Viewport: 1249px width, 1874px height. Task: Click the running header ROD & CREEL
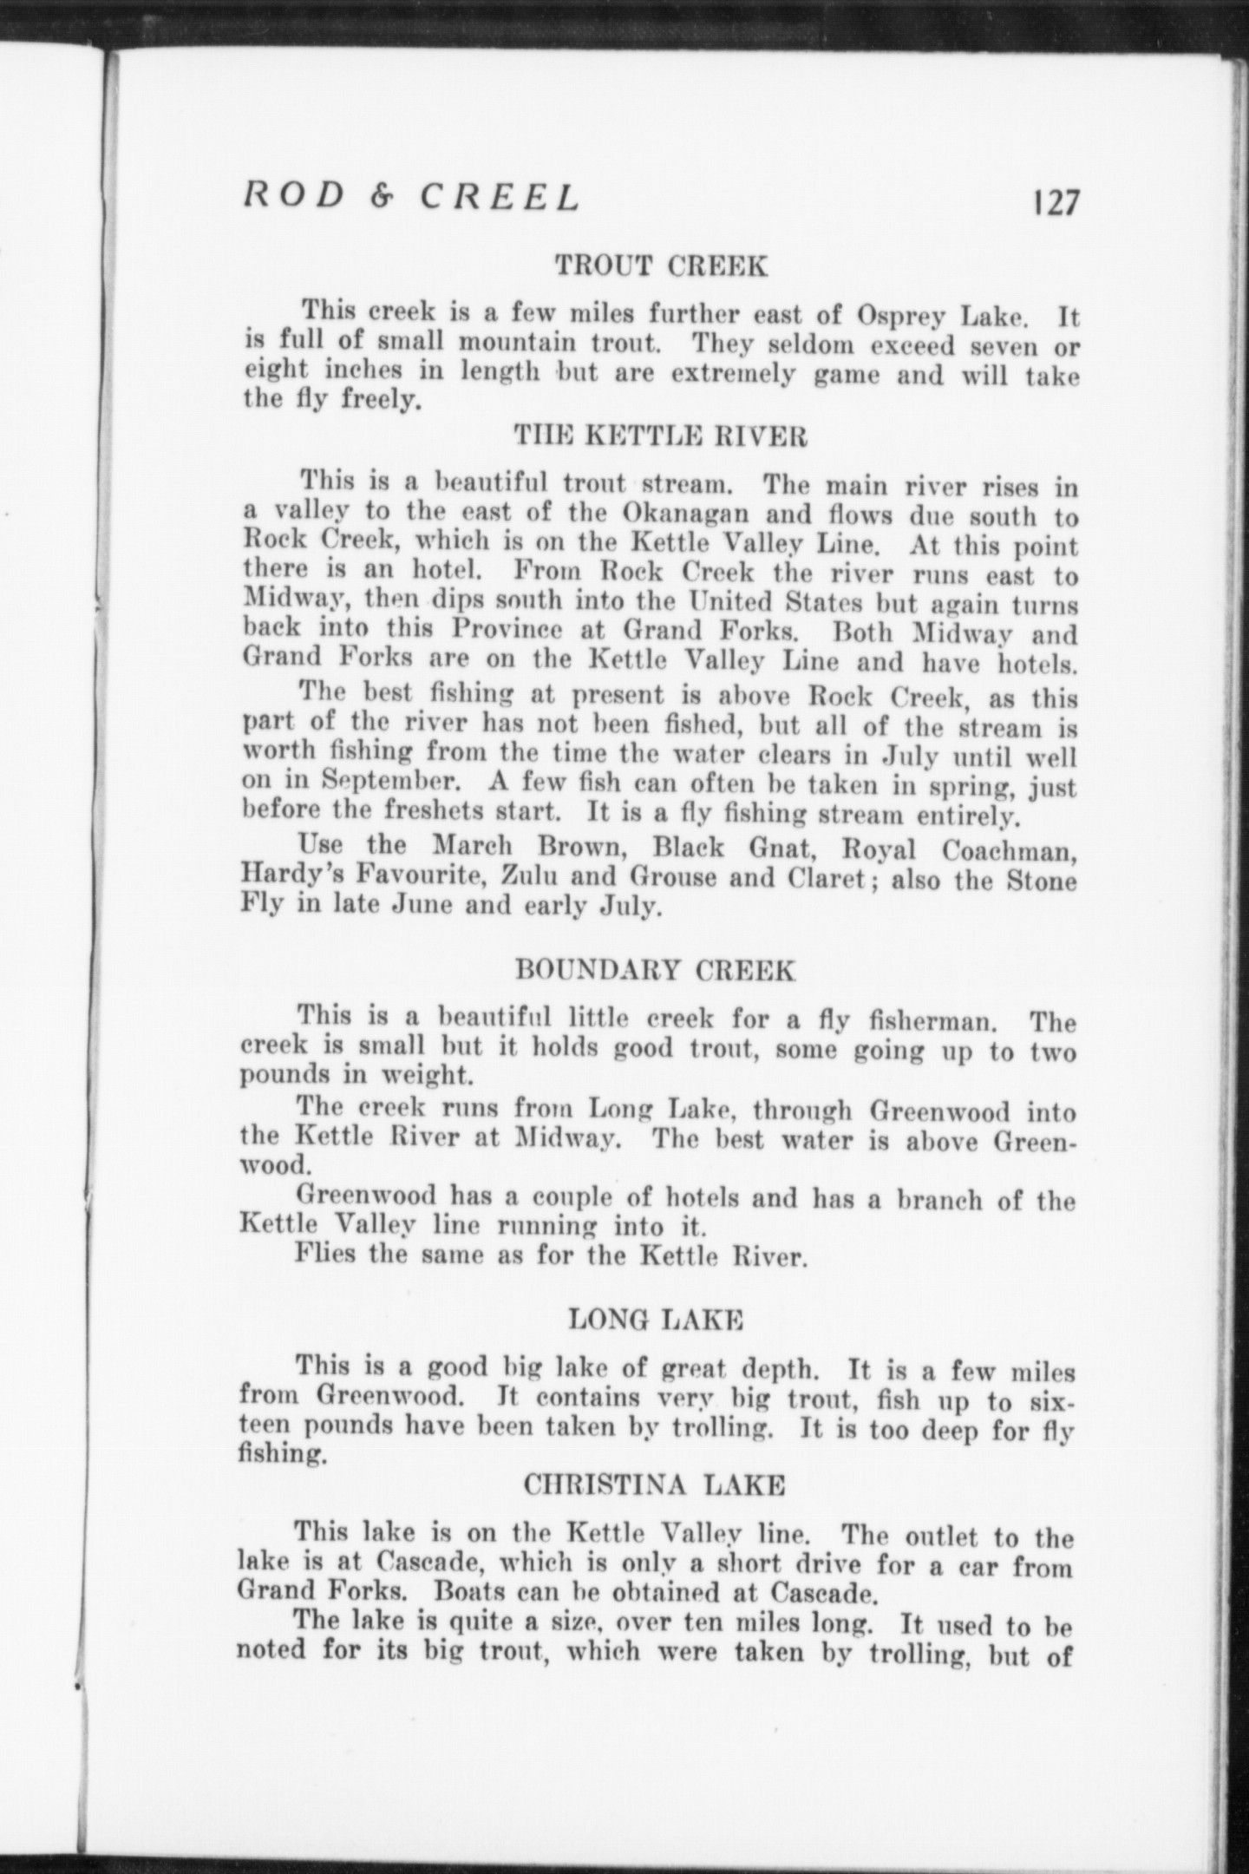411,198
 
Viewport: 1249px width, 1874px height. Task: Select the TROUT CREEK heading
661,265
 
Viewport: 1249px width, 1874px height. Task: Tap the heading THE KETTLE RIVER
661,436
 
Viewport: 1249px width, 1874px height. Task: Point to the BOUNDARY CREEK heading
655,969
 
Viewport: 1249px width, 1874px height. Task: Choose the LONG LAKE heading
656,1320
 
